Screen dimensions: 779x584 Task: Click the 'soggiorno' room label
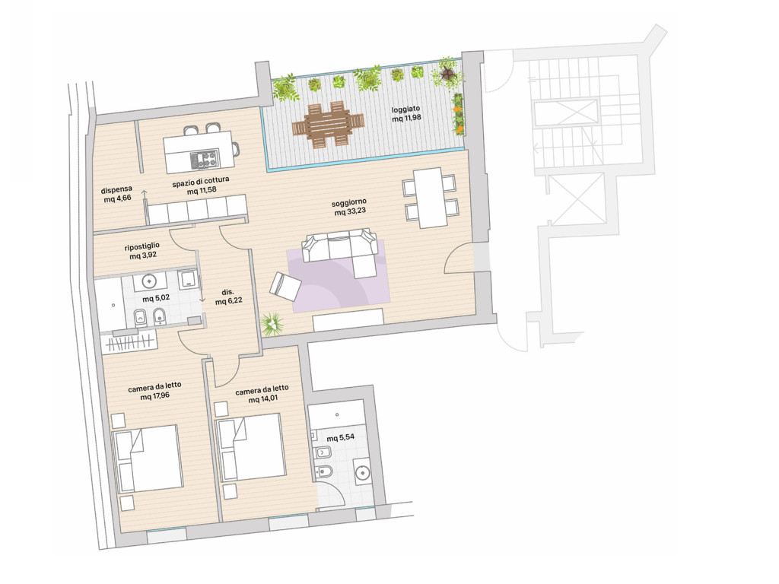tap(349, 202)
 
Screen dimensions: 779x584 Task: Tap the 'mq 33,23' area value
tap(350, 212)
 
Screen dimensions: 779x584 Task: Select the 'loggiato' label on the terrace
tap(405, 109)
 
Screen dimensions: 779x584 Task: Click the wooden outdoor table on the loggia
tap(328, 125)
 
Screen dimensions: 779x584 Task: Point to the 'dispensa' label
tap(116, 189)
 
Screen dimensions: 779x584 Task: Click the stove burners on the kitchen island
tap(204, 159)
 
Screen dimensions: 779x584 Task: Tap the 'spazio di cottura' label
tap(201, 182)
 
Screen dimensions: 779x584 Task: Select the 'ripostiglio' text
tap(142, 246)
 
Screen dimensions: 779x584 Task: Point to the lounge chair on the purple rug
tap(285, 287)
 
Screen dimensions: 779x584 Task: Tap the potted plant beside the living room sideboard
tap(272, 324)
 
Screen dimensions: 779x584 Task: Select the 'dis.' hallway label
tap(228, 293)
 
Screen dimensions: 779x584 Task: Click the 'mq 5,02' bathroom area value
tap(156, 298)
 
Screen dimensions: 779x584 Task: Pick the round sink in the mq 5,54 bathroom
tap(363, 473)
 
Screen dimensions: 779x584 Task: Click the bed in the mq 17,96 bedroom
tap(148, 458)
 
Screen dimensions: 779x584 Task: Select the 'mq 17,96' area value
tap(155, 396)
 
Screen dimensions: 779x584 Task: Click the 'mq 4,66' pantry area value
tap(118, 198)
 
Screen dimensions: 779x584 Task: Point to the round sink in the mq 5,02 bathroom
tap(149, 281)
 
